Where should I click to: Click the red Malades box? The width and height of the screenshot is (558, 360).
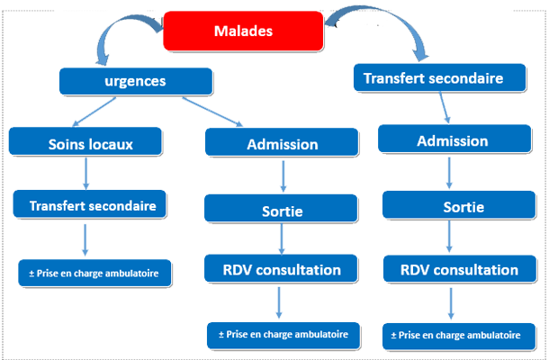click(243, 31)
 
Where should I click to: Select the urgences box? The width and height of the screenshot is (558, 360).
click(136, 81)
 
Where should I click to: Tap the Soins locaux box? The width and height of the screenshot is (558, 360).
click(85, 141)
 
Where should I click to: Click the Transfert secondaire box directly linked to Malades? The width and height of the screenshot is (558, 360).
click(439, 77)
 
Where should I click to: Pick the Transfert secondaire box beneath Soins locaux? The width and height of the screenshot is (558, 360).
click(90, 203)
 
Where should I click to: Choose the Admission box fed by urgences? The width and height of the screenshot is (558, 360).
click(282, 142)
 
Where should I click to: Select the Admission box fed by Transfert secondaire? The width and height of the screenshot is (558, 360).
click(454, 139)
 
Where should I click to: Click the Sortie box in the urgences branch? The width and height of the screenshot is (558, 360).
click(281, 208)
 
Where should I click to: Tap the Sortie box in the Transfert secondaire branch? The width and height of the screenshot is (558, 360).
click(459, 204)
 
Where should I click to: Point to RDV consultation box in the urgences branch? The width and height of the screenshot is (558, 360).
click(281, 268)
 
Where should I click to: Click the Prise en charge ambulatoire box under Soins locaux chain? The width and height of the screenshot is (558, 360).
click(94, 273)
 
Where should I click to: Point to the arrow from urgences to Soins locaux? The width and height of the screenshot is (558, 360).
click(94, 112)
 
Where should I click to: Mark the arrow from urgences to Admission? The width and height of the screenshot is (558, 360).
click(212, 112)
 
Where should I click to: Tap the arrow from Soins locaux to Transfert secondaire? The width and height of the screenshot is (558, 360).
click(85, 174)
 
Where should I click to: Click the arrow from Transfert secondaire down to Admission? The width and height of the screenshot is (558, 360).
click(445, 107)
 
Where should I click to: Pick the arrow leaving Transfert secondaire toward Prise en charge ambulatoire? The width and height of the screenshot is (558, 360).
click(85, 239)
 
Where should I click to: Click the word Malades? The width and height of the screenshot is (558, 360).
click(243, 31)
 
